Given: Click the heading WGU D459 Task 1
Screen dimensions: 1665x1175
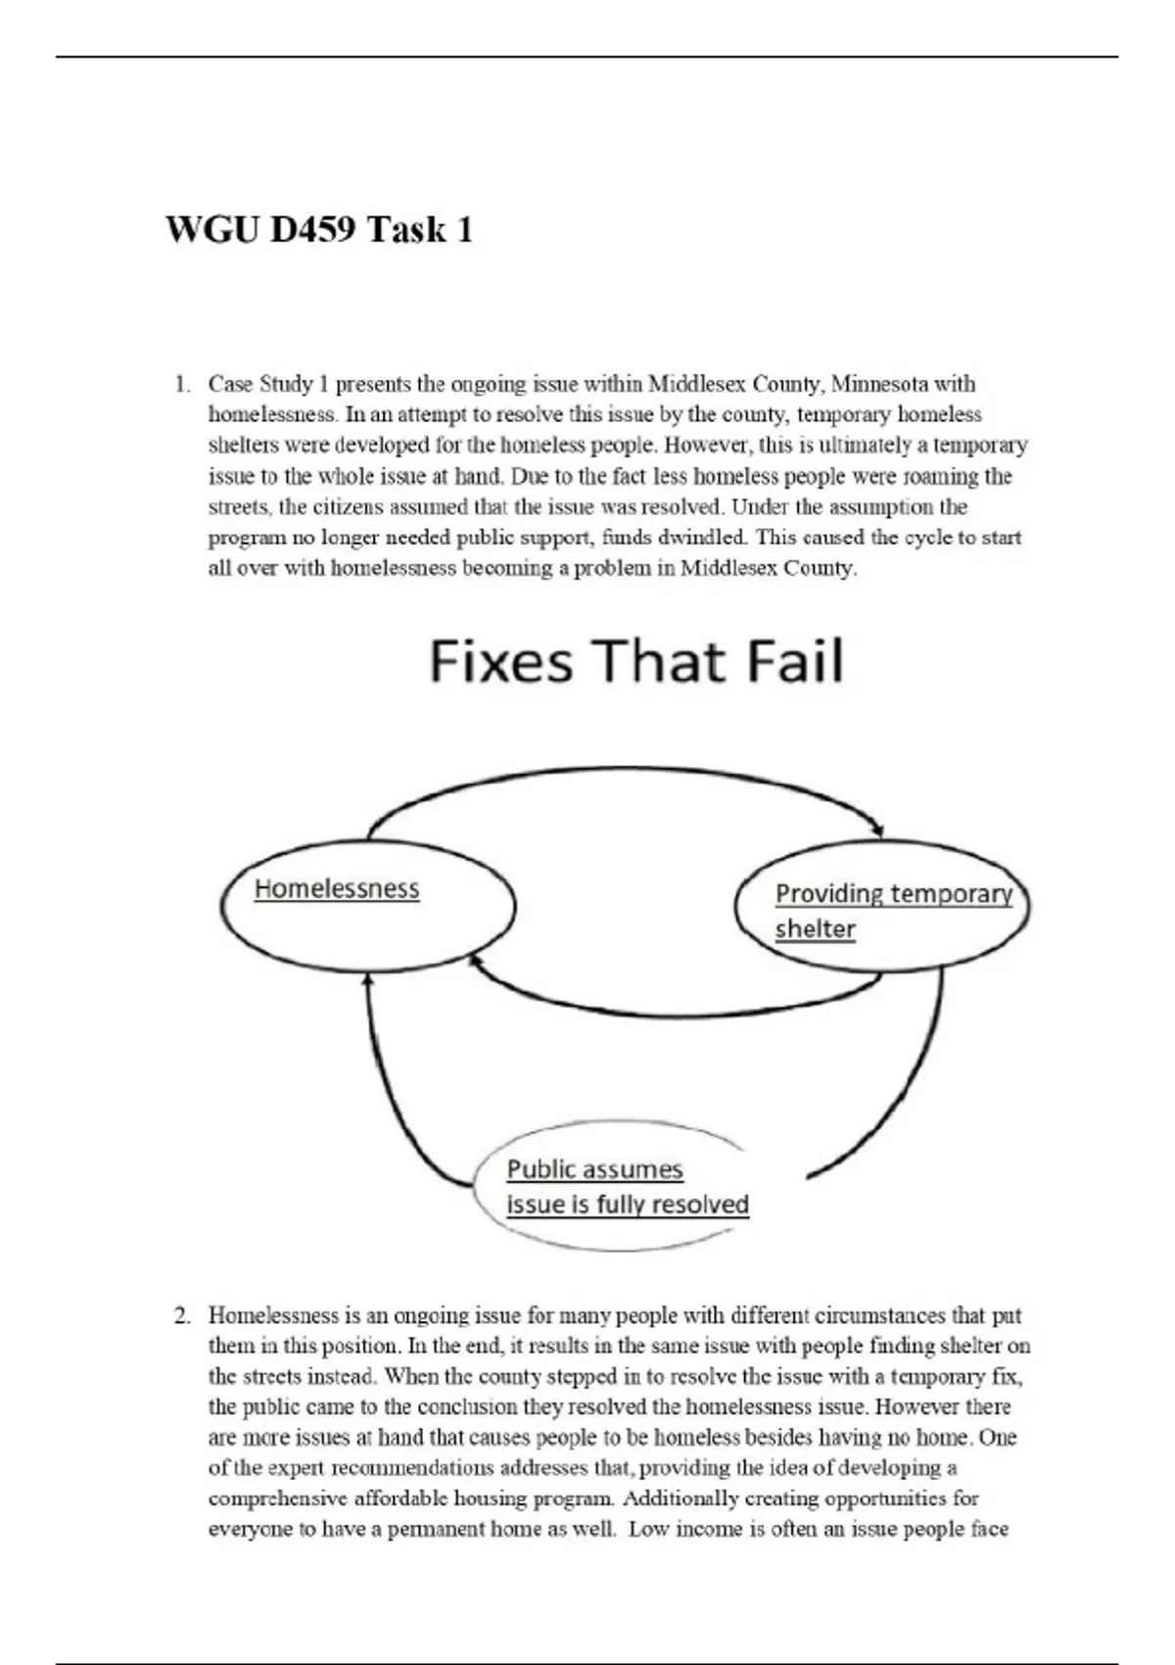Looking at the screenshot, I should pyautogui.click(x=319, y=231).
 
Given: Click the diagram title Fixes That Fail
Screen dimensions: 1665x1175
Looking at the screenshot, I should pyautogui.click(x=635, y=661).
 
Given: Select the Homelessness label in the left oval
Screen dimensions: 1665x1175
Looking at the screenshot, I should pyautogui.click(x=337, y=889).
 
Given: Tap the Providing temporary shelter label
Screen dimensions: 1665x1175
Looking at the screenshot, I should pyautogui.click(x=892, y=911).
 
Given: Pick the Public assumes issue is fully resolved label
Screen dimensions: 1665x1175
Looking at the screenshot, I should pyautogui.click(x=627, y=1187).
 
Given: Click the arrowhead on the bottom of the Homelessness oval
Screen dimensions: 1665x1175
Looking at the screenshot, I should pyautogui.click(x=368, y=979).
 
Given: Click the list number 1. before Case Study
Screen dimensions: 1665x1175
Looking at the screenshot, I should pyautogui.click(x=182, y=384).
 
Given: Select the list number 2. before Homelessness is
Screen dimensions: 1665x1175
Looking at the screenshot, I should pyautogui.click(x=182, y=1315).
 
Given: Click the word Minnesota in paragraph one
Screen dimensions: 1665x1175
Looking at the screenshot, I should pyautogui.click(x=880, y=384).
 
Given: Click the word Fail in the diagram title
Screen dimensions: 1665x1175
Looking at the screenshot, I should pyautogui.click(x=795, y=661).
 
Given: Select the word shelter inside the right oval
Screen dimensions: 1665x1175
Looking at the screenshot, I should pyautogui.click(x=815, y=929).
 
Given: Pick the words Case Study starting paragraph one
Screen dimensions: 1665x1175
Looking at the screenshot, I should pyautogui.click(x=260, y=384).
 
